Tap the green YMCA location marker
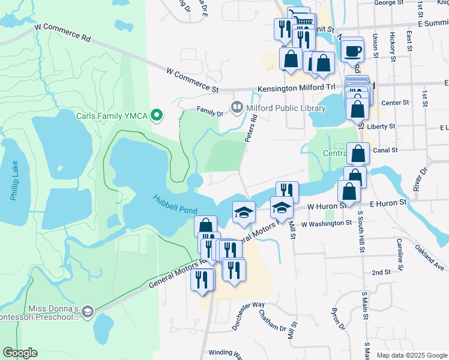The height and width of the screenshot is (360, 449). pos(157,114)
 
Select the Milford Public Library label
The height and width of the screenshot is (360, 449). pos(286,108)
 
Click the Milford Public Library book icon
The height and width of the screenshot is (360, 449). pos(237,108)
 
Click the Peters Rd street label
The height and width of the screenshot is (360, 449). pos(251,129)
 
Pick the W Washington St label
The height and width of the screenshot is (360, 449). pos(327,223)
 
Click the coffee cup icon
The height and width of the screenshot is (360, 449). pos(353,50)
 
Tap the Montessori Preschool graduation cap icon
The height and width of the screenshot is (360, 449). pos(88,311)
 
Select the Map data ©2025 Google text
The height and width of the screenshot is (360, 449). pos(411,355)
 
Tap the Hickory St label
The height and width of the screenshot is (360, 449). pos(393,46)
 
